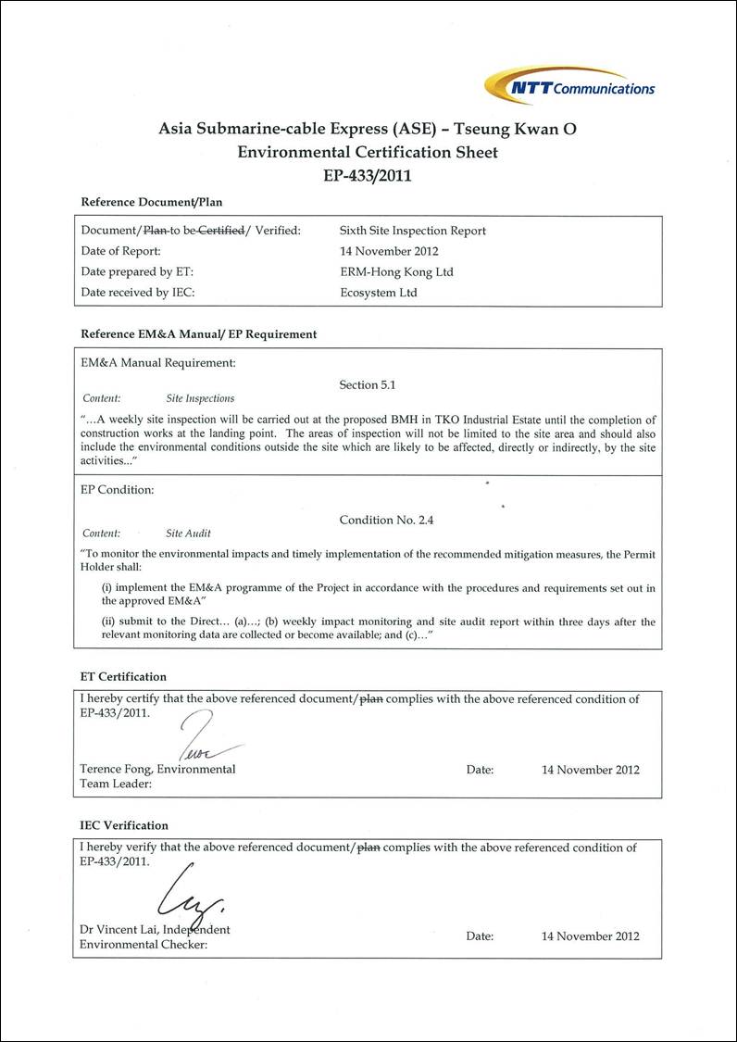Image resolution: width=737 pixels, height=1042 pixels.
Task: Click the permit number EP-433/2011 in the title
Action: pyautogui.click(x=368, y=174)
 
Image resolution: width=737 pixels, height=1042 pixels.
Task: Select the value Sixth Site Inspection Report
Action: pyautogui.click(x=413, y=231)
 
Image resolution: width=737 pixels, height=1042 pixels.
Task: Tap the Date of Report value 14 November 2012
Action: pyautogui.click(x=389, y=251)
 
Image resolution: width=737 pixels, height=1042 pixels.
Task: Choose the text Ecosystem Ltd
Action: pyautogui.click(x=379, y=293)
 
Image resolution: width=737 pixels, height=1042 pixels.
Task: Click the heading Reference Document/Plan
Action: pyautogui.click(x=152, y=202)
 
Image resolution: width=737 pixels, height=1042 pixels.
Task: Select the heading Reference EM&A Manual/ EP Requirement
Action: pyautogui.click(x=199, y=333)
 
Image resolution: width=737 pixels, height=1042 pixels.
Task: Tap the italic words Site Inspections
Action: pyautogui.click(x=200, y=399)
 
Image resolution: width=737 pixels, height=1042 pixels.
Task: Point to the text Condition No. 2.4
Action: pyautogui.click(x=386, y=520)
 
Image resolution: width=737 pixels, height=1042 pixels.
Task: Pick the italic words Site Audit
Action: pyautogui.click(x=188, y=534)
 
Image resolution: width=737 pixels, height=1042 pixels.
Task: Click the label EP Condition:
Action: pyautogui.click(x=118, y=489)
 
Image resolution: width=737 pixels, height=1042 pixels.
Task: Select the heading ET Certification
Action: pyautogui.click(x=123, y=677)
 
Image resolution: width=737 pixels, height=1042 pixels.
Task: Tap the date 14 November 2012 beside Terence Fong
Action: pyautogui.click(x=590, y=770)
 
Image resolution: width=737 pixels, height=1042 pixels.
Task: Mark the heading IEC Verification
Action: pyautogui.click(x=124, y=825)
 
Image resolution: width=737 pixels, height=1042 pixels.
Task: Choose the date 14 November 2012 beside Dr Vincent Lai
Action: pyautogui.click(x=590, y=936)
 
